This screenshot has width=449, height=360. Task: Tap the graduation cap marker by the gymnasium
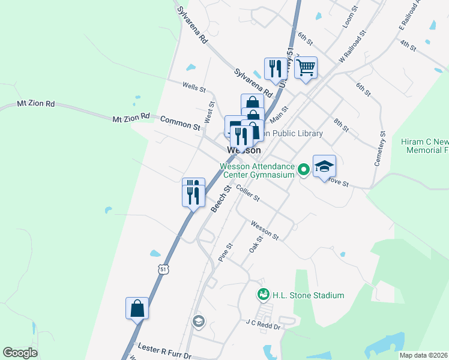324,167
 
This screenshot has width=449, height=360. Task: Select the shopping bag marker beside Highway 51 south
137,308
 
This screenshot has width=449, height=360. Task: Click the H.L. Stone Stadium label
309,295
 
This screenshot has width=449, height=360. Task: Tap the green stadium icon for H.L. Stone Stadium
263,295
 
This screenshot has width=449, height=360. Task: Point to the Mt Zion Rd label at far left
36,104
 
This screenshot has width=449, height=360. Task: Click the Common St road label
180,123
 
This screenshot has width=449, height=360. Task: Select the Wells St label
194,88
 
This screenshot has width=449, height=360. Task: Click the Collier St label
247,193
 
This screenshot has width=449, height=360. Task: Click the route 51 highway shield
164,270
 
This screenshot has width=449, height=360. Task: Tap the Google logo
20,353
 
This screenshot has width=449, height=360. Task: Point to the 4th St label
408,46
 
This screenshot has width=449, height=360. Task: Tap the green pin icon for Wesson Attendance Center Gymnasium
304,170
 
